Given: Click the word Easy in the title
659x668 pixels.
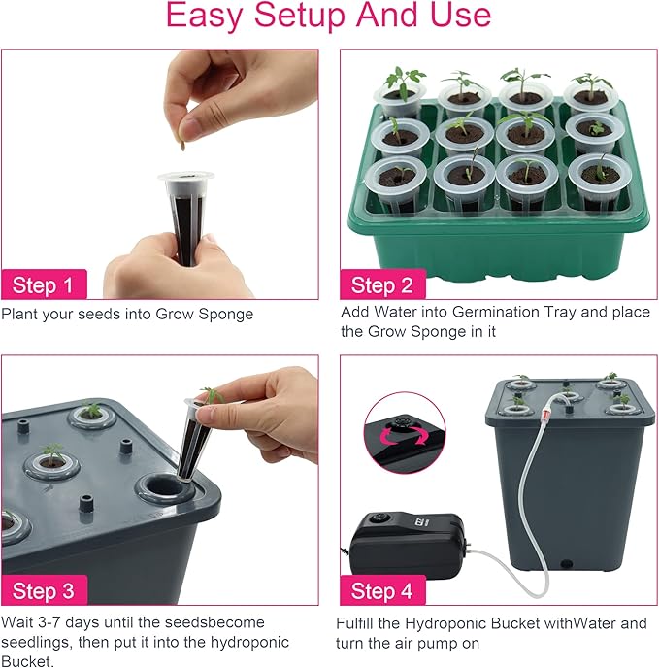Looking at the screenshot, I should coord(206,16).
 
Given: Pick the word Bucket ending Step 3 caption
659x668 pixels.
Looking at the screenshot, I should coord(26,661).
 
